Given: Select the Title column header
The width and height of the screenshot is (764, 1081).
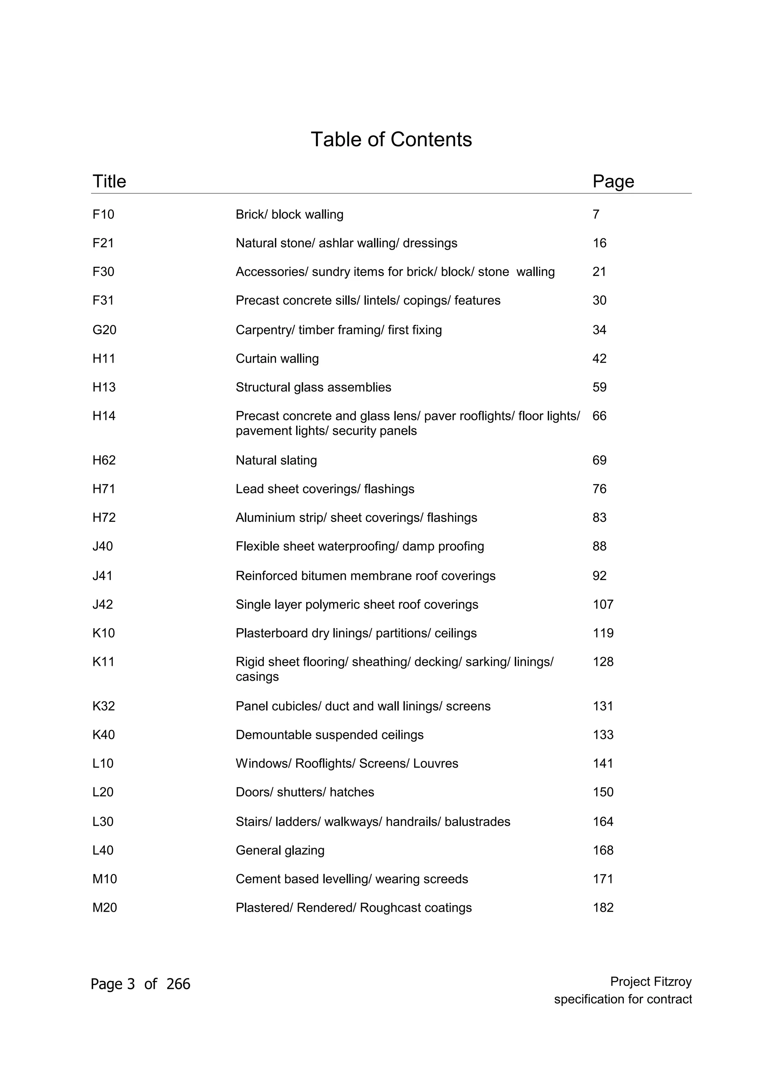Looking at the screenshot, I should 109,181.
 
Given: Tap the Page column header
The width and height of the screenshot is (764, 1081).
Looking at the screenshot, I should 613,181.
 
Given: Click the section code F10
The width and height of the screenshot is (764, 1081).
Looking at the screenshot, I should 103,215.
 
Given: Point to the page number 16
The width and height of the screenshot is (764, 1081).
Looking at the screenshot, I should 599,244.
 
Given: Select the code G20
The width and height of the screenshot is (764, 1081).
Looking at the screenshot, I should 104,330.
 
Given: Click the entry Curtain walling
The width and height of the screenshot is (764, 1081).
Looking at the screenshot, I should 277,359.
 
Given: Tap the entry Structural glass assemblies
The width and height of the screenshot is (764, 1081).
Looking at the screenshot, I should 313,388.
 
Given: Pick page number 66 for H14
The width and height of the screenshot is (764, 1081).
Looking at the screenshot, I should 599,416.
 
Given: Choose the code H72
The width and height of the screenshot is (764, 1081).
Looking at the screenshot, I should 104,518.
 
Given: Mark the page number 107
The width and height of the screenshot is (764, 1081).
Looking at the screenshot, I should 602,605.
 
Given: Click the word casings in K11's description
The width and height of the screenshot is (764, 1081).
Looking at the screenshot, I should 257,677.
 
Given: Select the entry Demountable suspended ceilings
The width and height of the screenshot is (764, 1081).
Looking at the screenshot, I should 329,735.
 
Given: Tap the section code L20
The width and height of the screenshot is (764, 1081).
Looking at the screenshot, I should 103,792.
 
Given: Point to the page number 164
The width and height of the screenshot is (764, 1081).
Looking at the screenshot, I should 602,822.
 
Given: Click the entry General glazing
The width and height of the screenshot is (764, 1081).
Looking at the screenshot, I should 280,851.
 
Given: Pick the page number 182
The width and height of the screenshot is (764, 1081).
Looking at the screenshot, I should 602,908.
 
